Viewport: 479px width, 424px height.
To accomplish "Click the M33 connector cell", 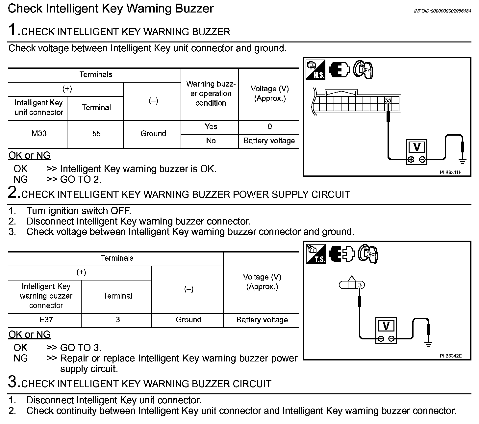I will pyautogui.click(x=39, y=134).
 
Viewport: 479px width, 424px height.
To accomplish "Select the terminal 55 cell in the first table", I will pyautogui.click(x=96, y=134).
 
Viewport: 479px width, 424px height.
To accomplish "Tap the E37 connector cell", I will pyautogui.click(x=46, y=320).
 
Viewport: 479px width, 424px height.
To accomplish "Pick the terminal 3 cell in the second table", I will pyautogui.click(x=117, y=320).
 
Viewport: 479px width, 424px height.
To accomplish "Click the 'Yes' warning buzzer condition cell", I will pyautogui.click(x=211, y=127).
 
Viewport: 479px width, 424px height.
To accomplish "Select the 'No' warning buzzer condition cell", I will pyautogui.click(x=211, y=141).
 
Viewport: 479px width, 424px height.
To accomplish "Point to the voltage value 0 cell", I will pyautogui.click(x=269, y=127).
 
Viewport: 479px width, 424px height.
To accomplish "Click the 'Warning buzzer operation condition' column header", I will pyautogui.click(x=211, y=93).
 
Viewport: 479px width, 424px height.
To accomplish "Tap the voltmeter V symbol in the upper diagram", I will pyautogui.click(x=416, y=147).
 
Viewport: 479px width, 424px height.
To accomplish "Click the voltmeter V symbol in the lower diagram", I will pyautogui.click(x=386, y=326).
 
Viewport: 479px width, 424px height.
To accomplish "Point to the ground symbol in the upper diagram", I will pyautogui.click(x=463, y=161).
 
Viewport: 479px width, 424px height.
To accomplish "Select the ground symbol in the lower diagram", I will pyautogui.click(x=428, y=344).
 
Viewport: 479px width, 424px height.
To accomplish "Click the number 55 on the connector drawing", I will pyautogui.click(x=388, y=100).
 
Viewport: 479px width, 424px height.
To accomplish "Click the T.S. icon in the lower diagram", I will pyautogui.click(x=316, y=254).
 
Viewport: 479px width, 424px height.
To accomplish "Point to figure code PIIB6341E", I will pyautogui.click(x=450, y=172).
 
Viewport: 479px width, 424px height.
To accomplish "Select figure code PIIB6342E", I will pyautogui.click(x=450, y=356).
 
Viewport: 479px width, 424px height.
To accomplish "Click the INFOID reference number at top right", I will pyautogui.click(x=442, y=11).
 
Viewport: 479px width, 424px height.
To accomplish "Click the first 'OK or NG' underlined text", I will pyautogui.click(x=29, y=155).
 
